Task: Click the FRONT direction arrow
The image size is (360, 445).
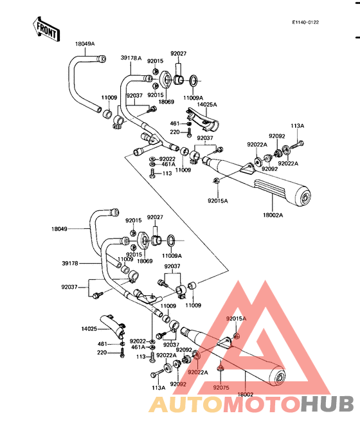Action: pyautogui.click(x=46, y=29)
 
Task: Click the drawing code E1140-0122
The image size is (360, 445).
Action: pyautogui.click(x=305, y=23)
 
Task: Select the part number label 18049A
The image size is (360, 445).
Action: pyautogui.click(x=85, y=44)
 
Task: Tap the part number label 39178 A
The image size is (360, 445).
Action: pyautogui.click(x=131, y=58)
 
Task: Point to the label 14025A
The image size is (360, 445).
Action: pyautogui.click(x=207, y=105)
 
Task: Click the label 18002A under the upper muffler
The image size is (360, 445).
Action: pyautogui.click(x=273, y=215)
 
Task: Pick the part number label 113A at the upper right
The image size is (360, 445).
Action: pyautogui.click(x=297, y=126)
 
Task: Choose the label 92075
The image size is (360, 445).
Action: pyautogui.click(x=221, y=388)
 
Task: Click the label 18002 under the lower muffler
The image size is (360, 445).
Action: pyautogui.click(x=245, y=394)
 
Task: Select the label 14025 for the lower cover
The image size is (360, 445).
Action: pyautogui.click(x=89, y=329)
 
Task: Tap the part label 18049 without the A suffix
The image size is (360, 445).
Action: pyautogui.click(x=59, y=229)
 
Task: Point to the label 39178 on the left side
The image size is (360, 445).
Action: pyautogui.click(x=70, y=264)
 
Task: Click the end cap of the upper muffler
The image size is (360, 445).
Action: pyautogui.click(x=303, y=196)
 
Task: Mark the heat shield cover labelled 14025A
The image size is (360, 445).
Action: pyautogui.click(x=203, y=119)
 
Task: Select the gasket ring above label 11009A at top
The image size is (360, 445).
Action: pyautogui.click(x=194, y=81)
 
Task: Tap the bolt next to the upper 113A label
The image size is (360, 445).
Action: pyautogui.click(x=297, y=144)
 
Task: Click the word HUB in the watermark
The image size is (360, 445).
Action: pyautogui.click(x=327, y=404)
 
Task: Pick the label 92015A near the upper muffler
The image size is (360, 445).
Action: pyautogui.click(x=218, y=201)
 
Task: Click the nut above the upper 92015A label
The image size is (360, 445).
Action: pyautogui.click(x=215, y=180)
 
